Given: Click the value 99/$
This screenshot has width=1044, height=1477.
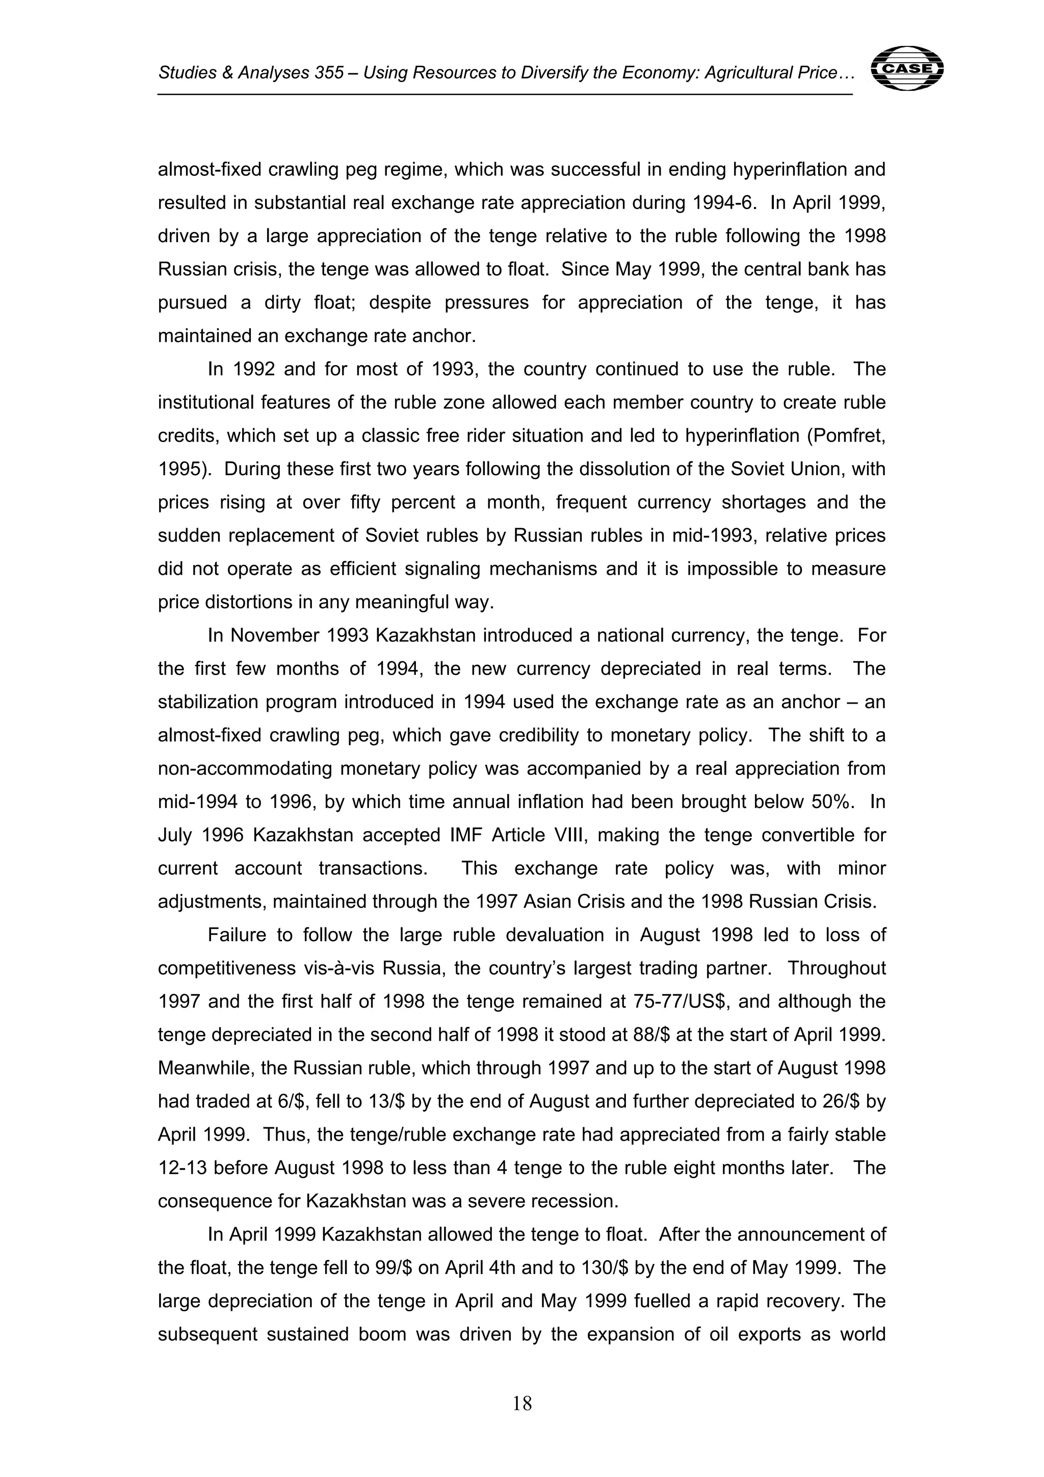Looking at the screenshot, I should (393, 1268).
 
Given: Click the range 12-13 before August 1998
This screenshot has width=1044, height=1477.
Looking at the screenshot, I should (182, 1168).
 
